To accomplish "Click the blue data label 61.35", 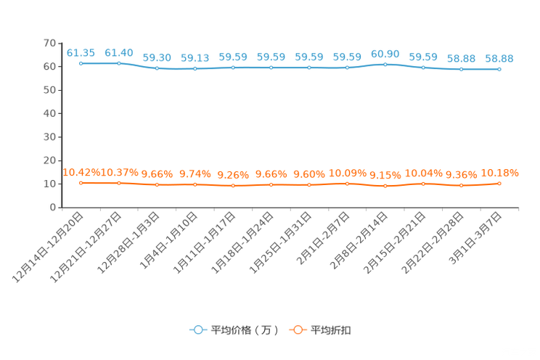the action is click(x=81, y=53).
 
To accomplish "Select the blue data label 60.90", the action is click(x=385, y=54).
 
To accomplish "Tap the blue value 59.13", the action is click(x=195, y=58).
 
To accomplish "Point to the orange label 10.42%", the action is click(x=81, y=172).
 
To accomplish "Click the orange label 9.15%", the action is click(x=385, y=176).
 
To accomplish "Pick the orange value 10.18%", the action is click(x=499, y=173).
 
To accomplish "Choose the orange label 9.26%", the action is click(x=233, y=176).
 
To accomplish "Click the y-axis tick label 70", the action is click(x=49, y=43).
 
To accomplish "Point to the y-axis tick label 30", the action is click(x=49, y=137).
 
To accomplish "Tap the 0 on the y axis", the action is click(x=53, y=208).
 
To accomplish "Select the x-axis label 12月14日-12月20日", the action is click(x=48, y=247).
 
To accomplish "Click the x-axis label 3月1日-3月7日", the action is click(x=475, y=238).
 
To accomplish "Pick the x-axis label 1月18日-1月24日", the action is click(x=242, y=242).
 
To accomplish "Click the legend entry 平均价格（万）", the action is click(x=245, y=330).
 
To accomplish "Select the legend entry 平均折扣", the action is click(x=331, y=330).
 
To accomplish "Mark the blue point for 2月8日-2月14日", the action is click(x=385, y=65).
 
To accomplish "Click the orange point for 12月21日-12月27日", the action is click(x=119, y=184).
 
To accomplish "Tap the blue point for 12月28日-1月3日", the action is click(x=157, y=68).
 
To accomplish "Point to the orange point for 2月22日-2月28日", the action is click(x=462, y=186).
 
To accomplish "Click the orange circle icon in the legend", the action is click(x=298, y=330).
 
